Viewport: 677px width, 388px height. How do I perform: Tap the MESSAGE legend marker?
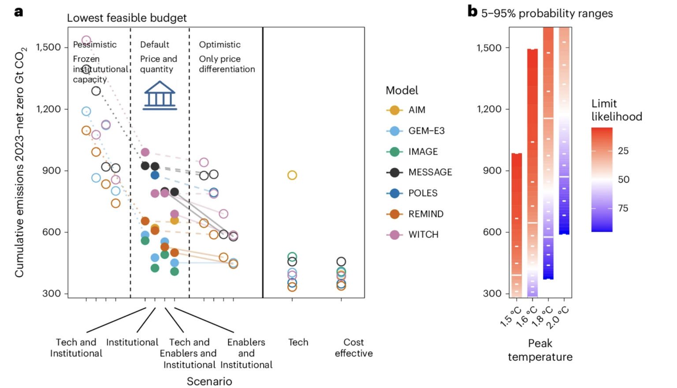pyautogui.click(x=394, y=172)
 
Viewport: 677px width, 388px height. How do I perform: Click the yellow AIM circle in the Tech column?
pyautogui.click(x=292, y=175)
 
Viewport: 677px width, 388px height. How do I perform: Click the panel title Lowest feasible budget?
pyautogui.click(x=126, y=18)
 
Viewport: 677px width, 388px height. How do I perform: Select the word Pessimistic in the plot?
pyautogui.click(x=95, y=45)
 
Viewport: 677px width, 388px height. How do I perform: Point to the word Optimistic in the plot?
pyautogui.click(x=219, y=45)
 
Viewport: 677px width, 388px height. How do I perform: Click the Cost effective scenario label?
pyautogui.click(x=353, y=348)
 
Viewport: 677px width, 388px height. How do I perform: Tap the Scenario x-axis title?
pyautogui.click(x=209, y=381)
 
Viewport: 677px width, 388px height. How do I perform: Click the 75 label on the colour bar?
pyautogui.click(x=623, y=208)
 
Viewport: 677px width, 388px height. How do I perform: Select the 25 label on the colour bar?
pyautogui.click(x=623, y=151)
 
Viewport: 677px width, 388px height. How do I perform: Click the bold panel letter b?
pyautogui.click(x=472, y=11)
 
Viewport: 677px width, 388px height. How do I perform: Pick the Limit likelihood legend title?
pyautogui.click(x=616, y=110)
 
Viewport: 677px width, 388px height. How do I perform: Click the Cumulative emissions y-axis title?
pyautogui.click(x=20, y=162)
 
